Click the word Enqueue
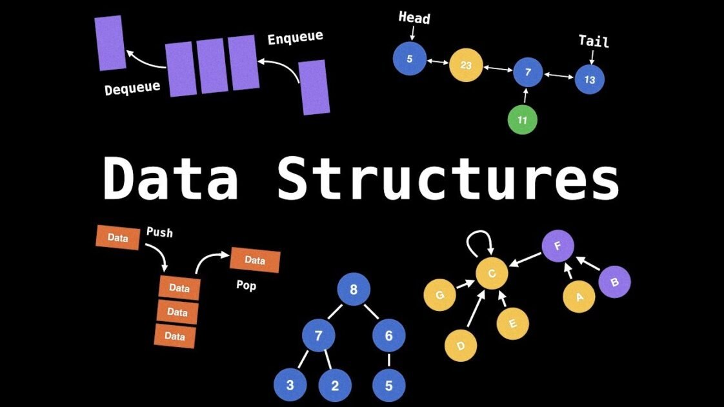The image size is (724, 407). click(x=295, y=38)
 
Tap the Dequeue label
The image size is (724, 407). click(x=132, y=87)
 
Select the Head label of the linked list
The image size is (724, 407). click(x=414, y=18)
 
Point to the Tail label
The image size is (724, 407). click(x=593, y=41)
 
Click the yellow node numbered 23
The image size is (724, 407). click(x=466, y=65)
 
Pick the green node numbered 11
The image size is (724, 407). click(x=522, y=119)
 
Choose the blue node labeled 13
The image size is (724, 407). click(x=588, y=79)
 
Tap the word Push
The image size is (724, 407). click(x=159, y=232)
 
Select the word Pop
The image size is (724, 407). click(x=246, y=284)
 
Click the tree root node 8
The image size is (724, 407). click(x=353, y=290)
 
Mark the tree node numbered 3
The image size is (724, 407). click(x=290, y=386)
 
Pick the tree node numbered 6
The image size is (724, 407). click(x=389, y=335)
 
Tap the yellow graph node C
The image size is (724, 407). click(x=492, y=273)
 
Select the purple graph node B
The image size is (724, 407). click(x=614, y=282)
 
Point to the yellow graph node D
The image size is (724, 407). click(x=461, y=346)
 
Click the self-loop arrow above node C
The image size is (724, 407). click(x=481, y=242)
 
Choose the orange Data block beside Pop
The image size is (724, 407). click(x=255, y=261)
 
